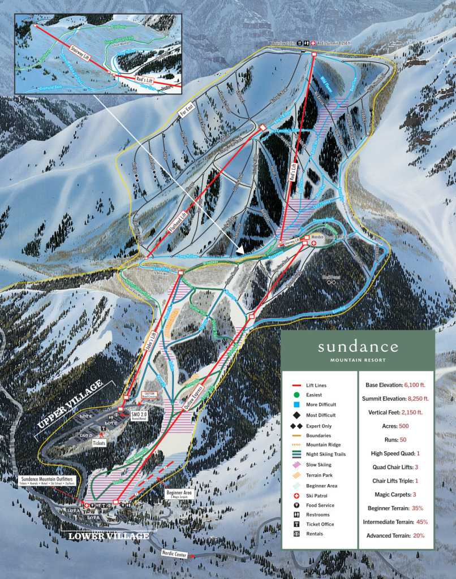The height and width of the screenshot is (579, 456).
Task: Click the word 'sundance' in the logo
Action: pyautogui.click(x=358, y=347)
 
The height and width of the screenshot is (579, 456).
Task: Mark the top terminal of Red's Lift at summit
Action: pyautogui.click(x=314, y=53)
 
